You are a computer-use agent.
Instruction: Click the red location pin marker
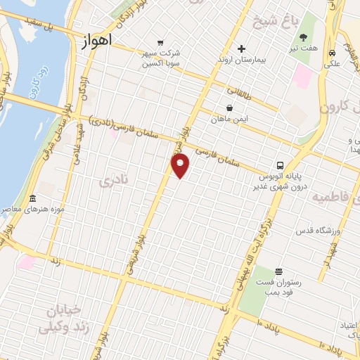(x=181, y=166)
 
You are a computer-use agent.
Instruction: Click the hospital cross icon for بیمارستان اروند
(x=241, y=49)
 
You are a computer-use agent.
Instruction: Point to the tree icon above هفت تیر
(x=304, y=37)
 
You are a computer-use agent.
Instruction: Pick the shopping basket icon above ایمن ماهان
(x=230, y=108)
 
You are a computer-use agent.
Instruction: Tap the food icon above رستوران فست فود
(x=279, y=271)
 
